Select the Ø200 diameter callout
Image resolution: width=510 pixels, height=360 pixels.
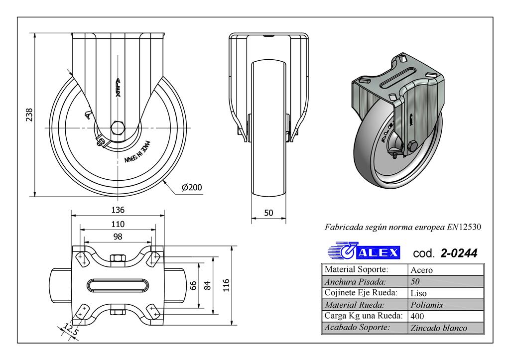point(191,187)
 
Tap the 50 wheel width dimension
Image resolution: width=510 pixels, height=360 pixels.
point(268,213)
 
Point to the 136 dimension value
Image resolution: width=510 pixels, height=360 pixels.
point(118,210)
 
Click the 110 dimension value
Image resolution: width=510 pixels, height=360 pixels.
point(118,224)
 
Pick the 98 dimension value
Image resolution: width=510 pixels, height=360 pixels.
point(118,237)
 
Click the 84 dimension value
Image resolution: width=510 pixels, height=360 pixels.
point(208,286)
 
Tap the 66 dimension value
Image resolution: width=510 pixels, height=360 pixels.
point(194,286)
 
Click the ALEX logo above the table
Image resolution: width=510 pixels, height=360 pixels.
point(364,252)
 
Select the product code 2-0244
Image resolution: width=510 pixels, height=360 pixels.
point(459,253)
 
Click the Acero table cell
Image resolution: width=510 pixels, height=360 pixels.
point(421,270)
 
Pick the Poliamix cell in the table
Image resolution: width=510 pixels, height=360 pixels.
point(426,305)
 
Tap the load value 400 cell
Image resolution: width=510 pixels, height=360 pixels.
point(418,316)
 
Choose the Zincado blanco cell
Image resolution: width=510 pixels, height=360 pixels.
point(438,328)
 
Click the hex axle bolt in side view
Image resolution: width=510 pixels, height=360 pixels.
point(118,128)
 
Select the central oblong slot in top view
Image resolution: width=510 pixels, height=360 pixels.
point(118,285)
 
